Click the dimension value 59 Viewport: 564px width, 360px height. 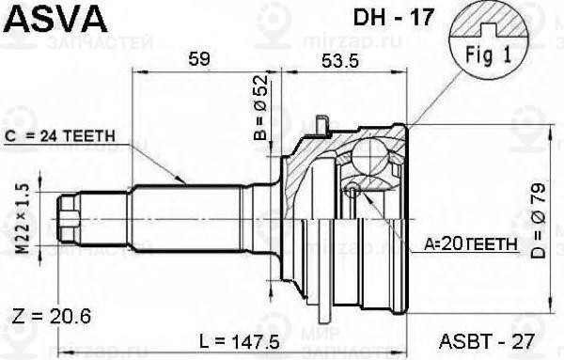[197, 59]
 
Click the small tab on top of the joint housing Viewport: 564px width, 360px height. [322, 123]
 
